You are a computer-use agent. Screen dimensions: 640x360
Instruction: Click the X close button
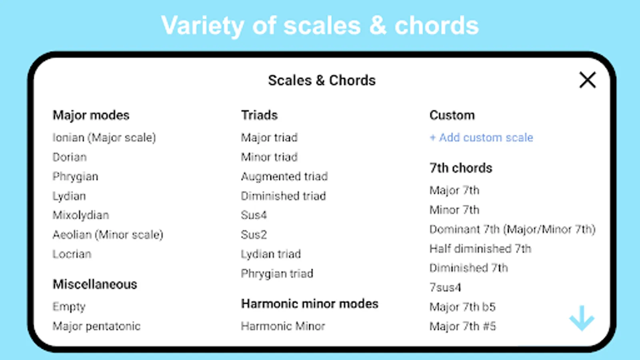click(588, 80)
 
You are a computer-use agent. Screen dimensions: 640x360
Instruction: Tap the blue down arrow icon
click(582, 318)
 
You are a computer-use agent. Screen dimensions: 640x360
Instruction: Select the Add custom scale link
click(482, 138)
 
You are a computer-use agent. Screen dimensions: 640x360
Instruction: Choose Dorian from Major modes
click(70, 157)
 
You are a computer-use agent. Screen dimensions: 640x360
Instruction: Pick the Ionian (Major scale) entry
click(104, 138)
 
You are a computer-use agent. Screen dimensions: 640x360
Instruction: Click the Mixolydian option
click(81, 215)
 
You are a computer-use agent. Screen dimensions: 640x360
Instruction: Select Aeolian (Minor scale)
click(108, 234)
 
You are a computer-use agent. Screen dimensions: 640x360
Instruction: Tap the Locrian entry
click(72, 254)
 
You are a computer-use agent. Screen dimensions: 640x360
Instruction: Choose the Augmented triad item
click(284, 176)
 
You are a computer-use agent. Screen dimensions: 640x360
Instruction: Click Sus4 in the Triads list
click(254, 215)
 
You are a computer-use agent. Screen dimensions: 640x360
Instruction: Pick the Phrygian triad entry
click(277, 274)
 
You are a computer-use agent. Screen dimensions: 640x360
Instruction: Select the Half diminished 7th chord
click(480, 249)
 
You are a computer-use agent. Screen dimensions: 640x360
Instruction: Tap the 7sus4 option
click(446, 288)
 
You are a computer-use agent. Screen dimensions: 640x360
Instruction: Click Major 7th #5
click(463, 326)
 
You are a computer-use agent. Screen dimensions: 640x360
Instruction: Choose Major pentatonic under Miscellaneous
click(96, 326)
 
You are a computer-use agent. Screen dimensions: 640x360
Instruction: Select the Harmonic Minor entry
click(283, 326)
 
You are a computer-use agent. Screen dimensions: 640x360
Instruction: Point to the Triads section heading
click(260, 115)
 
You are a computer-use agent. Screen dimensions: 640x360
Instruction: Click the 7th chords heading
click(461, 168)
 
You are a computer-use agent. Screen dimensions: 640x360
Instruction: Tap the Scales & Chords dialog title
click(322, 80)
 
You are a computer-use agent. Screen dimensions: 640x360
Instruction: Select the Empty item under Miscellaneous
click(69, 307)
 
